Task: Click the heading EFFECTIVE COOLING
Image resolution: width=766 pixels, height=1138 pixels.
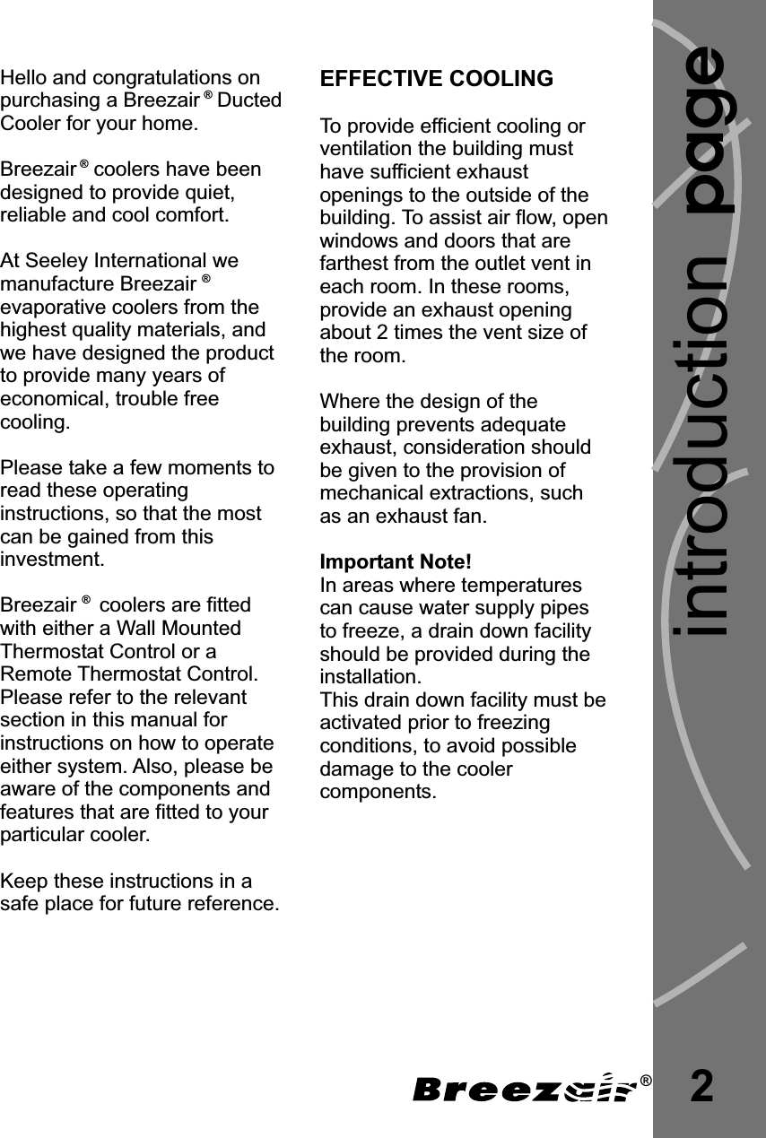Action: (x=437, y=79)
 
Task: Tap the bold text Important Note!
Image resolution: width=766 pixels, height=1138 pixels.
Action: (x=395, y=562)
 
